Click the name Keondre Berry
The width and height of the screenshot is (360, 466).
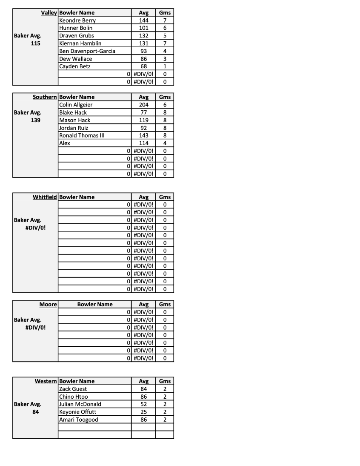pyautogui.click(x=77, y=20)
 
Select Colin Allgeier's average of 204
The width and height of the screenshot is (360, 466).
pyautogui.click(x=143, y=105)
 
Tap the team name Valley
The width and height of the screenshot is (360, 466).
pyautogui.click(x=49, y=13)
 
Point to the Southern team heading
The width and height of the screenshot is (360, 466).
pyautogui.click(x=45, y=97)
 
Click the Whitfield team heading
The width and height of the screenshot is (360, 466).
pyautogui.click(x=45, y=197)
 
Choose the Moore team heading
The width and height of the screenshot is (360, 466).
pyautogui.click(x=48, y=305)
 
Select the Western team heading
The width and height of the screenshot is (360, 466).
pyautogui.click(x=46, y=381)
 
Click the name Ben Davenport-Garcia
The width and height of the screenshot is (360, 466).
pyautogui.click(x=87, y=51)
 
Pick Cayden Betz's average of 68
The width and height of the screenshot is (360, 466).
pyautogui.click(x=143, y=66)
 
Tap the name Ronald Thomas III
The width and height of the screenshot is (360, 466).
pyautogui.click(x=82, y=135)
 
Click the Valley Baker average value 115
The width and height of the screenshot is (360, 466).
pyautogui.click(x=36, y=43)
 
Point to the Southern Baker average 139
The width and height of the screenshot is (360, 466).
pyautogui.click(x=36, y=120)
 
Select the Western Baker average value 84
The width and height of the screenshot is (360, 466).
pyautogui.click(x=36, y=412)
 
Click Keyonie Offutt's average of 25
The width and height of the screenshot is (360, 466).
pyautogui.click(x=143, y=412)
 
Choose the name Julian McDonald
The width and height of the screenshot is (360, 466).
pyautogui.click(x=80, y=404)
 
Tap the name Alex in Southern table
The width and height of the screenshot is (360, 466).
pyautogui.click(x=65, y=143)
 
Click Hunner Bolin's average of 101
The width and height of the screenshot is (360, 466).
pyautogui.click(x=143, y=28)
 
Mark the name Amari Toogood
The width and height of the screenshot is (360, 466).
pyautogui.click(x=79, y=420)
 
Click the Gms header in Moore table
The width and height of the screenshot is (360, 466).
pyautogui.click(x=165, y=305)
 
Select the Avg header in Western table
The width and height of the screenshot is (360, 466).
pyautogui.click(x=143, y=381)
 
